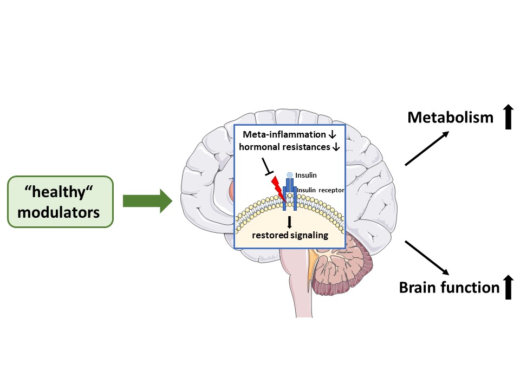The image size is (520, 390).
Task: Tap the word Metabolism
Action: [x=451, y=118]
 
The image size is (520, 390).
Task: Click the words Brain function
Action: [x=449, y=287]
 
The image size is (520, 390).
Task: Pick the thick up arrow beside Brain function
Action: [x=508, y=287]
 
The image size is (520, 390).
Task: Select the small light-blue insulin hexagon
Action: [x=290, y=175]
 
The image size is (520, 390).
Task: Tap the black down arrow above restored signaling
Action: [x=289, y=221]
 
